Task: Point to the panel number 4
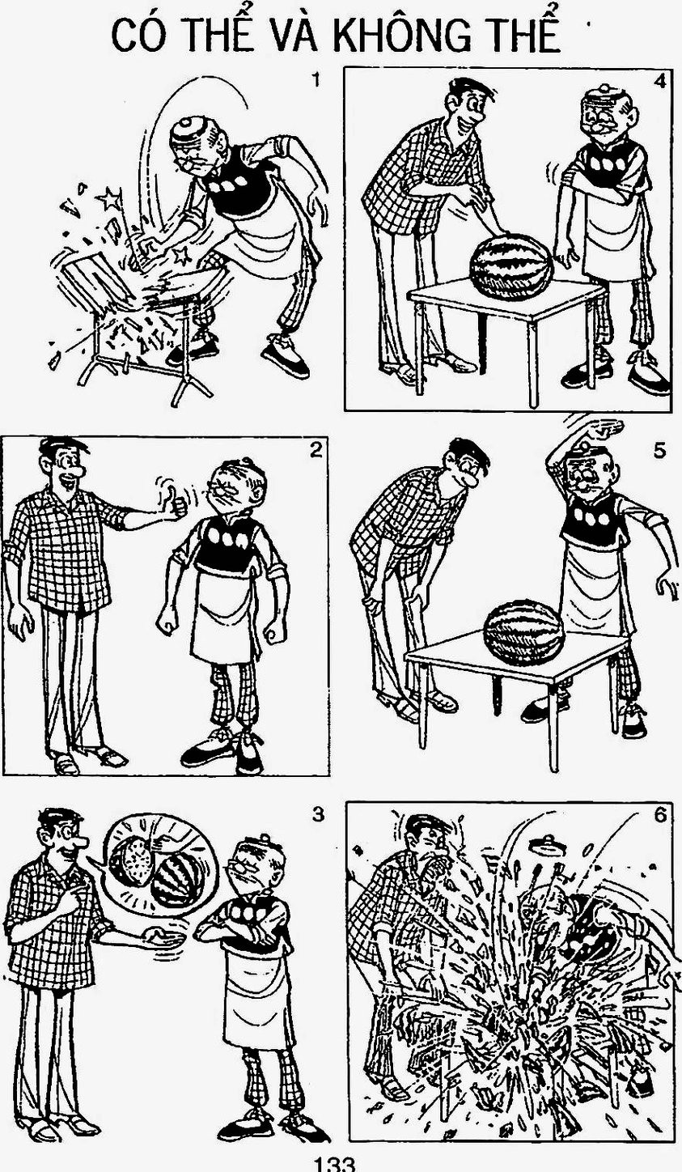tap(659, 81)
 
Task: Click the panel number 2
tap(316, 450)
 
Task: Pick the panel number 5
tap(659, 450)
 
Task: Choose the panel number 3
tap(317, 813)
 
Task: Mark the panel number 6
tap(660, 815)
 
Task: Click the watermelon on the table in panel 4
tap(511, 266)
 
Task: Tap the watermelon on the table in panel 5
tap(523, 633)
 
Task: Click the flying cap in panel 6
tap(547, 843)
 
